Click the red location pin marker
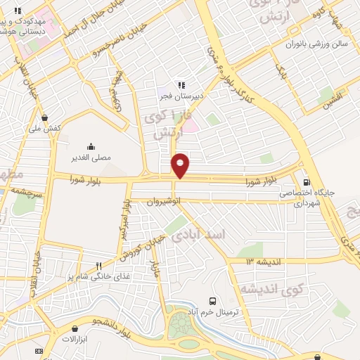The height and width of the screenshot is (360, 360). point(180,165)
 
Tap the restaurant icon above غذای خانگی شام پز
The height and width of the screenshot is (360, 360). point(99,266)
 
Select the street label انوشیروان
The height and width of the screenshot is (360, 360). point(164,201)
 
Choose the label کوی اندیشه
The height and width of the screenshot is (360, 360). point(271,289)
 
